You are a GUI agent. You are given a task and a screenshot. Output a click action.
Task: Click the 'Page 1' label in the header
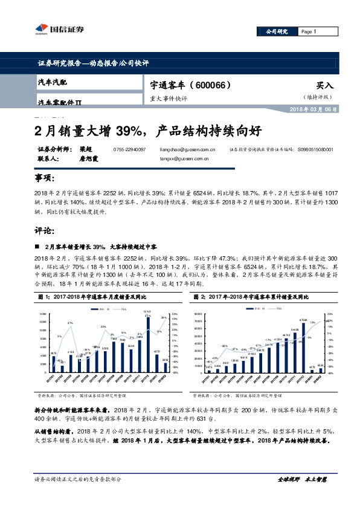(x=308, y=31)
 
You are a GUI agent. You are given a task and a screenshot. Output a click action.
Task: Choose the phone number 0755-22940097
(x=129, y=149)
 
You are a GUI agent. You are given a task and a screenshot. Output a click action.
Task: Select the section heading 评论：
(x=45, y=231)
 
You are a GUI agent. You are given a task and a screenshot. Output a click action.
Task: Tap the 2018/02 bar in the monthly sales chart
(x=165, y=366)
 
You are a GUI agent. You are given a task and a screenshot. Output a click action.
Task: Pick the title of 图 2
(x=249, y=297)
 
